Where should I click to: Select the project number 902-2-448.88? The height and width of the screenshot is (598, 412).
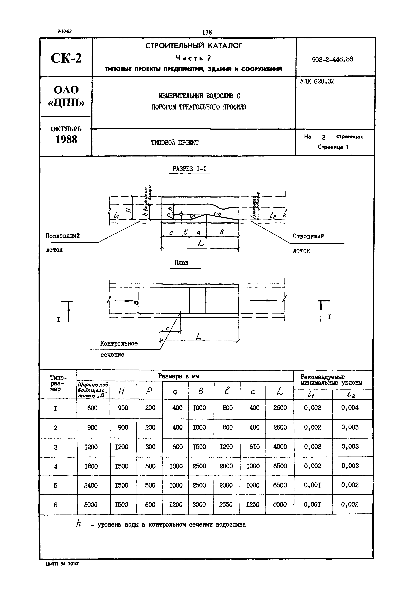pyautogui.click(x=332, y=59)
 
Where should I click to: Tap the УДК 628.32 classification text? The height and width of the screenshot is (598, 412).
pyautogui.click(x=317, y=81)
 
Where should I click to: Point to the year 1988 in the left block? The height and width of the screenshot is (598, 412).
pyautogui.click(x=66, y=140)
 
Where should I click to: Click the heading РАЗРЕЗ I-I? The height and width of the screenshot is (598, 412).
pyautogui.click(x=189, y=169)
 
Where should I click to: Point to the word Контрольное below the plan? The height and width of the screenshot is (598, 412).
pyautogui.click(x=119, y=344)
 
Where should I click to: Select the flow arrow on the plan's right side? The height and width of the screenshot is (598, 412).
pyautogui.click(x=263, y=300)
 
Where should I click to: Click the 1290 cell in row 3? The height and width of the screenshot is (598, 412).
pyautogui.click(x=226, y=447)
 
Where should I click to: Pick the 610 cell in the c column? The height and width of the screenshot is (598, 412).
pyautogui.click(x=254, y=447)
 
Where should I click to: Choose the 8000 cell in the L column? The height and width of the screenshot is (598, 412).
pyautogui.click(x=280, y=504)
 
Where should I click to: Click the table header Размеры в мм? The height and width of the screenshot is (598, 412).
pyautogui.click(x=178, y=376)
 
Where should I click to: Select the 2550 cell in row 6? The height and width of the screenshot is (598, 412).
pyautogui.click(x=226, y=504)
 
